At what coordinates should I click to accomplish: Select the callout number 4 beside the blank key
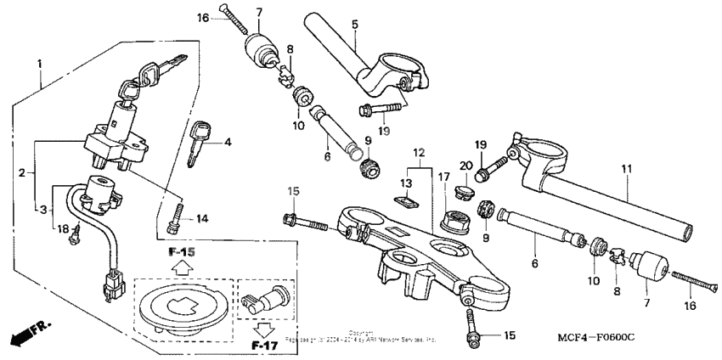(228, 143)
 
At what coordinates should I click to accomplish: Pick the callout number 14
(201, 218)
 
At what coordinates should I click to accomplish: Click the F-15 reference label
(182, 252)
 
